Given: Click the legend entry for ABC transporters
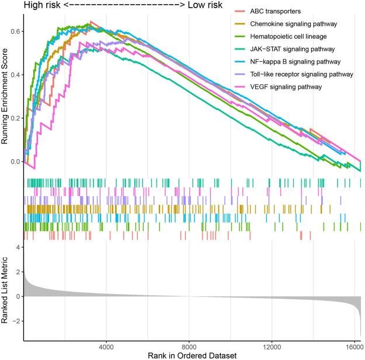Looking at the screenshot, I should [264, 11].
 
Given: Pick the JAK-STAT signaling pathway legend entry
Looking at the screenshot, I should [284, 48].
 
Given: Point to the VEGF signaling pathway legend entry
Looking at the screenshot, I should [277, 87].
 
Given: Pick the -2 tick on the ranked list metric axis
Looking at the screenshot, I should [16, 321].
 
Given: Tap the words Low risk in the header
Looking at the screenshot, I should [207, 5].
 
